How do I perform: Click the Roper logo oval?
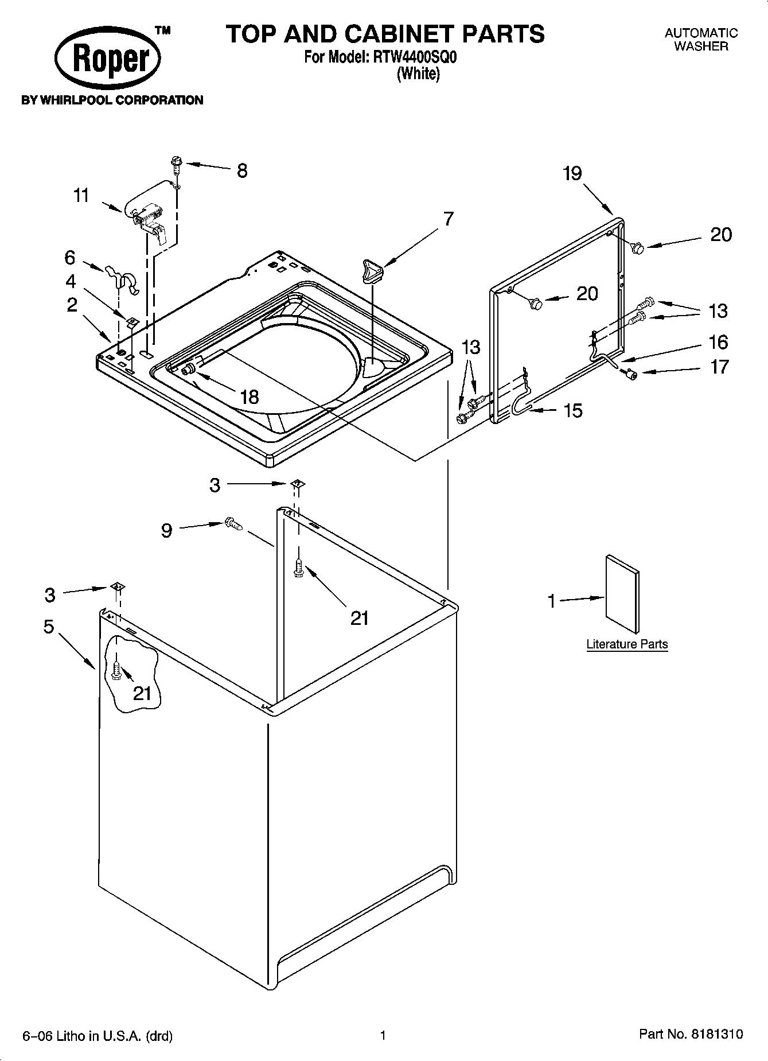pyautogui.click(x=108, y=59)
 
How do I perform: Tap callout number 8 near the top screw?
pyautogui.click(x=242, y=170)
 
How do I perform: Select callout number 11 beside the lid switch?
pyautogui.click(x=81, y=196)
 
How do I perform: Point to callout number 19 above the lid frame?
pyautogui.click(x=572, y=173)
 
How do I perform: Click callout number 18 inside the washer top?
pyautogui.click(x=249, y=397)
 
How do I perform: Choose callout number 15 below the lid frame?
pyautogui.click(x=573, y=410)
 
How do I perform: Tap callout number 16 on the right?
pyautogui.click(x=718, y=343)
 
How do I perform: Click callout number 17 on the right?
pyautogui.click(x=720, y=367)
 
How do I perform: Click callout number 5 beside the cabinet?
pyautogui.click(x=49, y=627)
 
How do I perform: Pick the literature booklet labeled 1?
pyautogui.click(x=622, y=594)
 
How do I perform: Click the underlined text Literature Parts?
pyautogui.click(x=627, y=644)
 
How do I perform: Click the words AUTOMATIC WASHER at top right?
pyautogui.click(x=701, y=40)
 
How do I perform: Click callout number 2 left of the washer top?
pyautogui.click(x=72, y=305)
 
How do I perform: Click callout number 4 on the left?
pyautogui.click(x=71, y=281)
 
